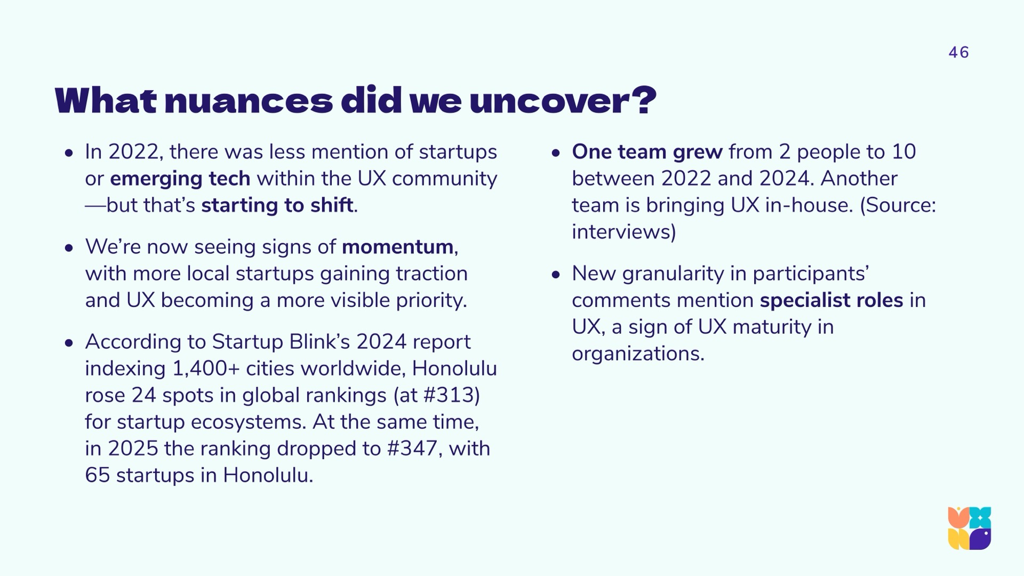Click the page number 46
pos(958,52)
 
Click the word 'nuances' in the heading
pos(249,100)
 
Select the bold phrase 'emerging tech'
pos(180,179)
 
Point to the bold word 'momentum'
pos(397,247)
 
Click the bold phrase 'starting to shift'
pos(277,205)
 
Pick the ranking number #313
pos(448,395)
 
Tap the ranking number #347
pos(412,449)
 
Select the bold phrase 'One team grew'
pos(647,152)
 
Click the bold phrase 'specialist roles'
pos(831,300)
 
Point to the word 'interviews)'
pos(624,232)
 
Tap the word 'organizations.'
pos(638,354)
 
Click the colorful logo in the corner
pos(970,528)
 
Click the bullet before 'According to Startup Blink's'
pos(68,343)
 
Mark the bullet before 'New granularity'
pos(556,275)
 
